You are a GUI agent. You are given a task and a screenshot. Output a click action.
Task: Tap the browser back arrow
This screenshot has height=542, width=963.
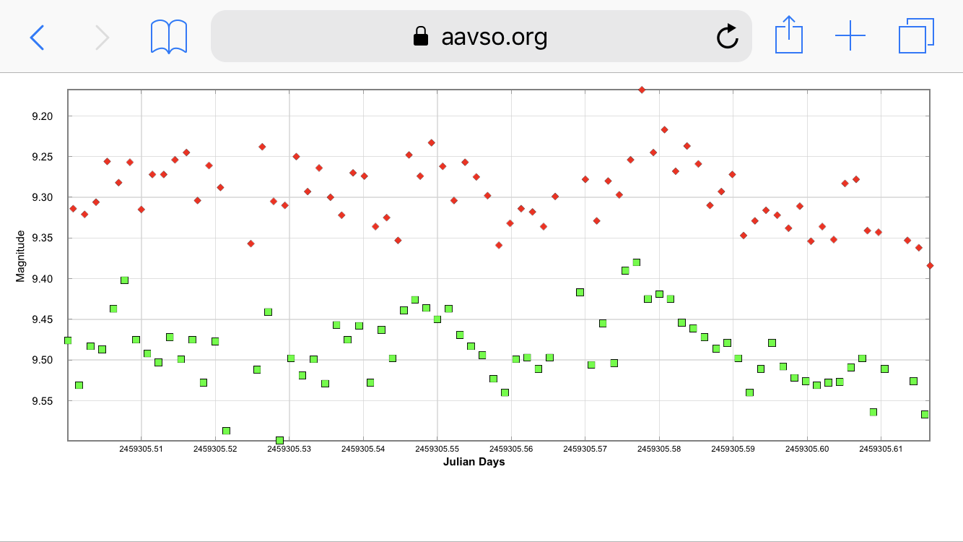coord(37,37)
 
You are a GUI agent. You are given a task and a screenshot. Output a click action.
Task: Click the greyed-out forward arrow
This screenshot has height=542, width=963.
coord(103,37)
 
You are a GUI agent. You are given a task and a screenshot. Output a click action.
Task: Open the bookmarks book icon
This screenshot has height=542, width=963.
coord(169,36)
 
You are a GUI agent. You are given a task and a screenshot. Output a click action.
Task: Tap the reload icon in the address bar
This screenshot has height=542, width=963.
coord(727,36)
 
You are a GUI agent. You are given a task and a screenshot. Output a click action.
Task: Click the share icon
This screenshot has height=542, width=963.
coord(788,35)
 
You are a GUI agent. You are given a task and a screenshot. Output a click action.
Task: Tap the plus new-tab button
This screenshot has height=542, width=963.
coord(850,35)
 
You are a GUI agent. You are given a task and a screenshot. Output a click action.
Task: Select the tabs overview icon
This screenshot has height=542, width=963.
coord(916,36)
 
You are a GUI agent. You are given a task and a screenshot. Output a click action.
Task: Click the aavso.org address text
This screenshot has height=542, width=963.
coord(494,36)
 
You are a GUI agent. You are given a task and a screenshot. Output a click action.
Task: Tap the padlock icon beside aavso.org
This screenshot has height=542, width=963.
coord(420,36)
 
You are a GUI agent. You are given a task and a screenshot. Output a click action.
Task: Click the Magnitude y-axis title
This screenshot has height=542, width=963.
coord(20,256)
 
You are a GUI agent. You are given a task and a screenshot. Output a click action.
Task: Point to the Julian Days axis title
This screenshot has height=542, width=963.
coord(474,462)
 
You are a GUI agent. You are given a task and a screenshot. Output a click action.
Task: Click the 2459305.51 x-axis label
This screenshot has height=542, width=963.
coord(141,449)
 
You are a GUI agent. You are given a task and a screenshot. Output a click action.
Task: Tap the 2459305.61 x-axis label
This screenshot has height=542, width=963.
coord(881,449)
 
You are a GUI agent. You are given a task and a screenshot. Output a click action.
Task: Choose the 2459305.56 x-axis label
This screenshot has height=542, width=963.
coord(511,449)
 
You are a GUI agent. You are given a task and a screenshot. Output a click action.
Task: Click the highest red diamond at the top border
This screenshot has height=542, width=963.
coord(641,90)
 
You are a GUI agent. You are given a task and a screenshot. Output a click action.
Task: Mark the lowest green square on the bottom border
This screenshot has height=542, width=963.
coord(279,439)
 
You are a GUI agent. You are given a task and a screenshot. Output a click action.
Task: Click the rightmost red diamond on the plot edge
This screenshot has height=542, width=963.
coord(930,265)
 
